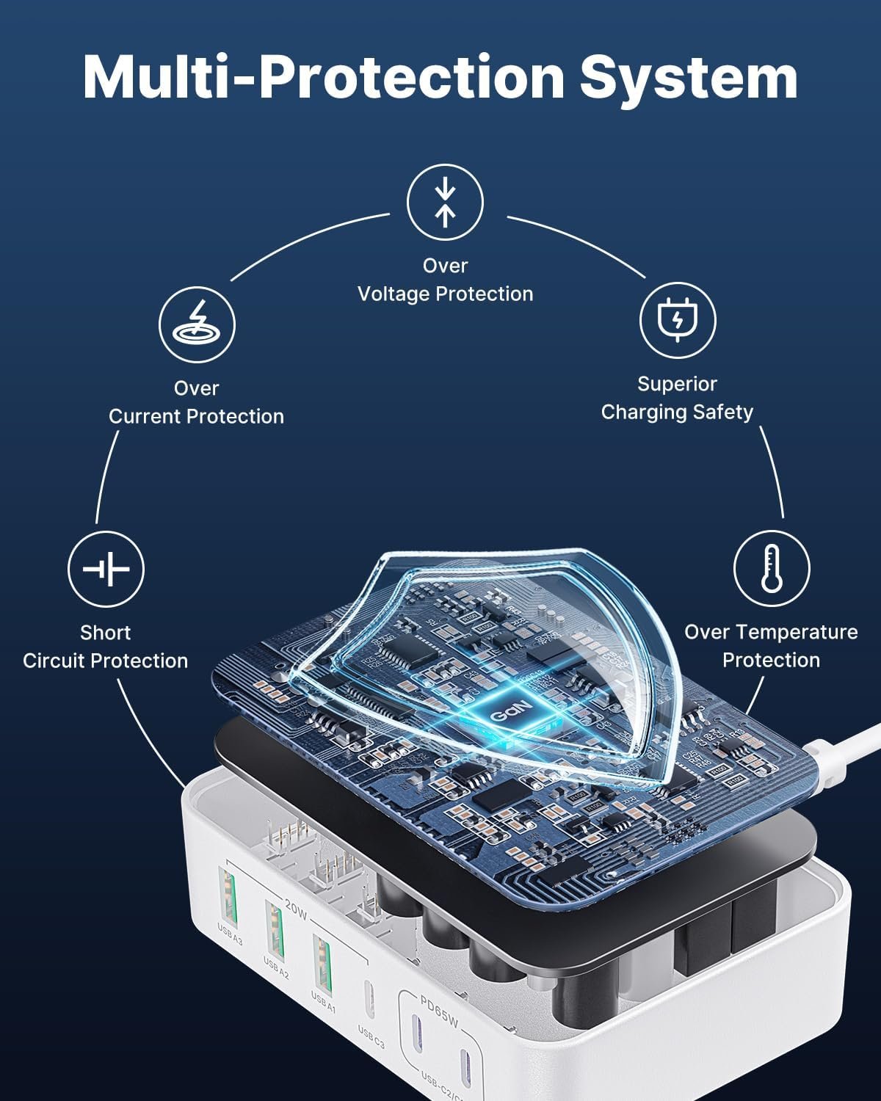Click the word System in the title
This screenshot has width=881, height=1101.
689,77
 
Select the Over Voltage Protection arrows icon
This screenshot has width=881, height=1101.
445,203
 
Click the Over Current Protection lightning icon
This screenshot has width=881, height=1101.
197,324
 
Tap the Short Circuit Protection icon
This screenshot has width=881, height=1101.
106,569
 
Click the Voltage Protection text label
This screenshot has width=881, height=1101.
445,294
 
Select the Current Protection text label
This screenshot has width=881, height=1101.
196,416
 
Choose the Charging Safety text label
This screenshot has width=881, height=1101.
677,412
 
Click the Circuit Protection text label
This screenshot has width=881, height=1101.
105,661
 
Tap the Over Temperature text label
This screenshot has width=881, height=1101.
771,632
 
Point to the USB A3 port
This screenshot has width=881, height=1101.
229,897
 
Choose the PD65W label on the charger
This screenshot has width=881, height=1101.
439,1011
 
